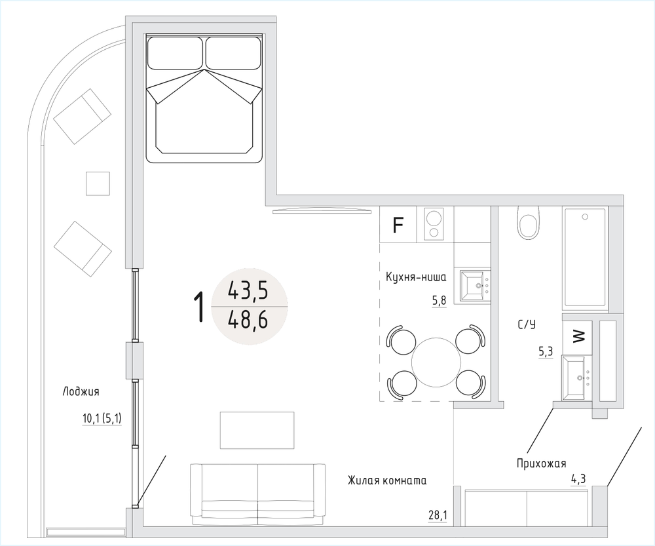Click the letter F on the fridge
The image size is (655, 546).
(x=398, y=225)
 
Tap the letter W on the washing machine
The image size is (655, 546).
(x=578, y=336)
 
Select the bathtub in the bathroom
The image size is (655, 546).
(x=585, y=259)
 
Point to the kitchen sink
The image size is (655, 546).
(x=474, y=286)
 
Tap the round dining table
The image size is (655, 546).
(x=436, y=362)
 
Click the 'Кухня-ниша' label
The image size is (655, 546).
(x=416, y=277)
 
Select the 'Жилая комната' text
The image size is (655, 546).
(x=387, y=480)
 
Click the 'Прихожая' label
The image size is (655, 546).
(x=541, y=463)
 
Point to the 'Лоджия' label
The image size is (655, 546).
(x=81, y=392)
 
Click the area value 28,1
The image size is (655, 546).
(x=438, y=515)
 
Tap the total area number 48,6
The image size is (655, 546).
(x=248, y=321)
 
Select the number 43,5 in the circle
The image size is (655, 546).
(x=248, y=290)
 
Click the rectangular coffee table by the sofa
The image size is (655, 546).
(x=257, y=430)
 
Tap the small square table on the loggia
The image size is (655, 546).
(x=98, y=183)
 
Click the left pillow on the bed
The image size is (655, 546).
(x=176, y=53)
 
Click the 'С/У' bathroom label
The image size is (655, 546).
(x=527, y=324)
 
